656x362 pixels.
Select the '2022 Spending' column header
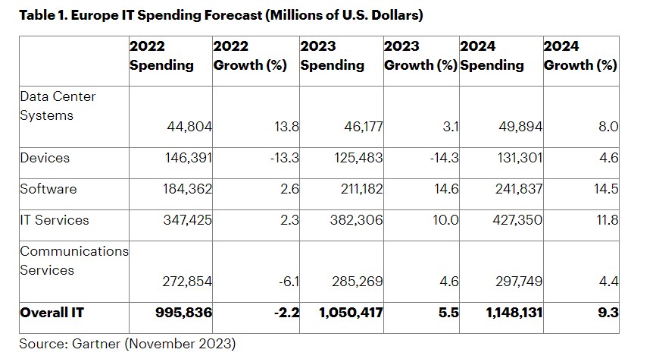point(161,56)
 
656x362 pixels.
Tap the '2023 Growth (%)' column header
point(420,56)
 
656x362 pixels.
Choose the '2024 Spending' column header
point(492,56)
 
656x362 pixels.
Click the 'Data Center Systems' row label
point(58,106)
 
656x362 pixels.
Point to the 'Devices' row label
point(45,158)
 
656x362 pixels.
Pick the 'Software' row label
point(48,189)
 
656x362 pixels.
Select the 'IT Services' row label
point(55,220)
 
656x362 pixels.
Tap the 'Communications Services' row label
point(74,260)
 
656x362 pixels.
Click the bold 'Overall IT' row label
point(52,313)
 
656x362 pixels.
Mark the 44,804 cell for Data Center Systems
point(189,127)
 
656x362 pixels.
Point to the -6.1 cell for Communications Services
point(289,282)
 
